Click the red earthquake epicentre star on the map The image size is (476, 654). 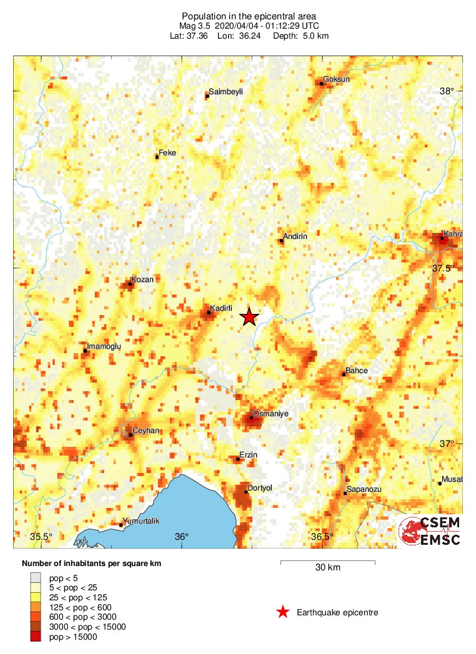click(x=249, y=317)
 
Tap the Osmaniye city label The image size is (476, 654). click(x=267, y=412)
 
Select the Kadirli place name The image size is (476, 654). click(x=222, y=308)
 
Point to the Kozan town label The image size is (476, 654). click(x=142, y=280)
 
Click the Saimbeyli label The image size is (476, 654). click(x=226, y=92)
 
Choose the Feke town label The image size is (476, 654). click(x=167, y=152)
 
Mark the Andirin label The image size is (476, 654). click(x=295, y=237)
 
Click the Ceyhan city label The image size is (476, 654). click(x=146, y=431)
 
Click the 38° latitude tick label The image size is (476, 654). click(x=447, y=91)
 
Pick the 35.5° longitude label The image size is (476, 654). click(x=42, y=537)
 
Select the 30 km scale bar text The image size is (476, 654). click(x=327, y=568)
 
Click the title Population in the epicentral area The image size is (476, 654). click(x=249, y=16)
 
